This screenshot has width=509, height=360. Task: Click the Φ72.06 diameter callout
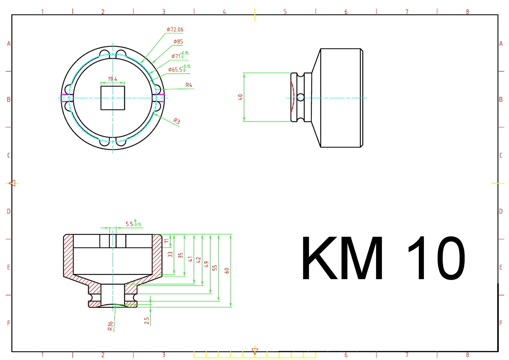point(175,30)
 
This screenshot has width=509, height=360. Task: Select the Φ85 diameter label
point(178,42)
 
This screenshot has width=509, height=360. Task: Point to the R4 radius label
point(189,85)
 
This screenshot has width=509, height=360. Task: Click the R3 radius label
point(176,121)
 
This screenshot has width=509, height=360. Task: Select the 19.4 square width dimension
point(113,79)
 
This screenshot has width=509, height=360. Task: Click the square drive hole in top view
point(113,98)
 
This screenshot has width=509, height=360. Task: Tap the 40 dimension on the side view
point(240,97)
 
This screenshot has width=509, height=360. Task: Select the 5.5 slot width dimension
point(133,224)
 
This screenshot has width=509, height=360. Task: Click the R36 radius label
point(110,326)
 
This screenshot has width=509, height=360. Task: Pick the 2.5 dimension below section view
point(147,321)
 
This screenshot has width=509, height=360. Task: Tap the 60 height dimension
point(227,271)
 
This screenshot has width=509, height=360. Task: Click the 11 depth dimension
point(166,241)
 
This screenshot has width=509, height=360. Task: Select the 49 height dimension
point(206,264)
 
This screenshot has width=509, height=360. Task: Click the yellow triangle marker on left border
point(13,183)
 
